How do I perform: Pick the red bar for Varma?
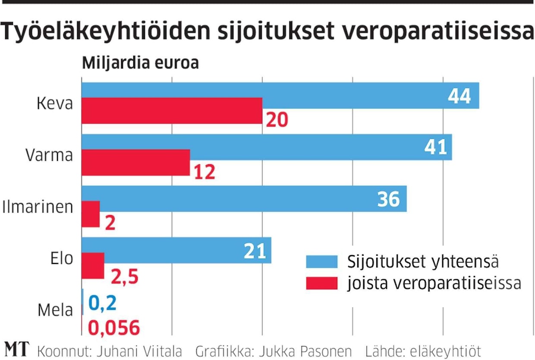pyautogui.click(x=135, y=163)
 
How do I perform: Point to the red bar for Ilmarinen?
pyautogui.click(x=91, y=214)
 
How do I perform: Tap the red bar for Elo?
pyautogui.click(x=93, y=266)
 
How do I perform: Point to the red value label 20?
pyautogui.click(x=277, y=120)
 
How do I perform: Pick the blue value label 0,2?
pyautogui.click(x=102, y=304)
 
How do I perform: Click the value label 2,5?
pyautogui.click(x=124, y=276)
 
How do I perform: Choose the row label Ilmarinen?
pyautogui.click(x=38, y=207)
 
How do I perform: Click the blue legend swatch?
pyautogui.click(x=321, y=262)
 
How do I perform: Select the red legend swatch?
pyautogui.click(x=321, y=283)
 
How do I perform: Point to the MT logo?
pyautogui.click(x=16, y=350)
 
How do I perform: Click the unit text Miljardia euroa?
pyautogui.click(x=140, y=63)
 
